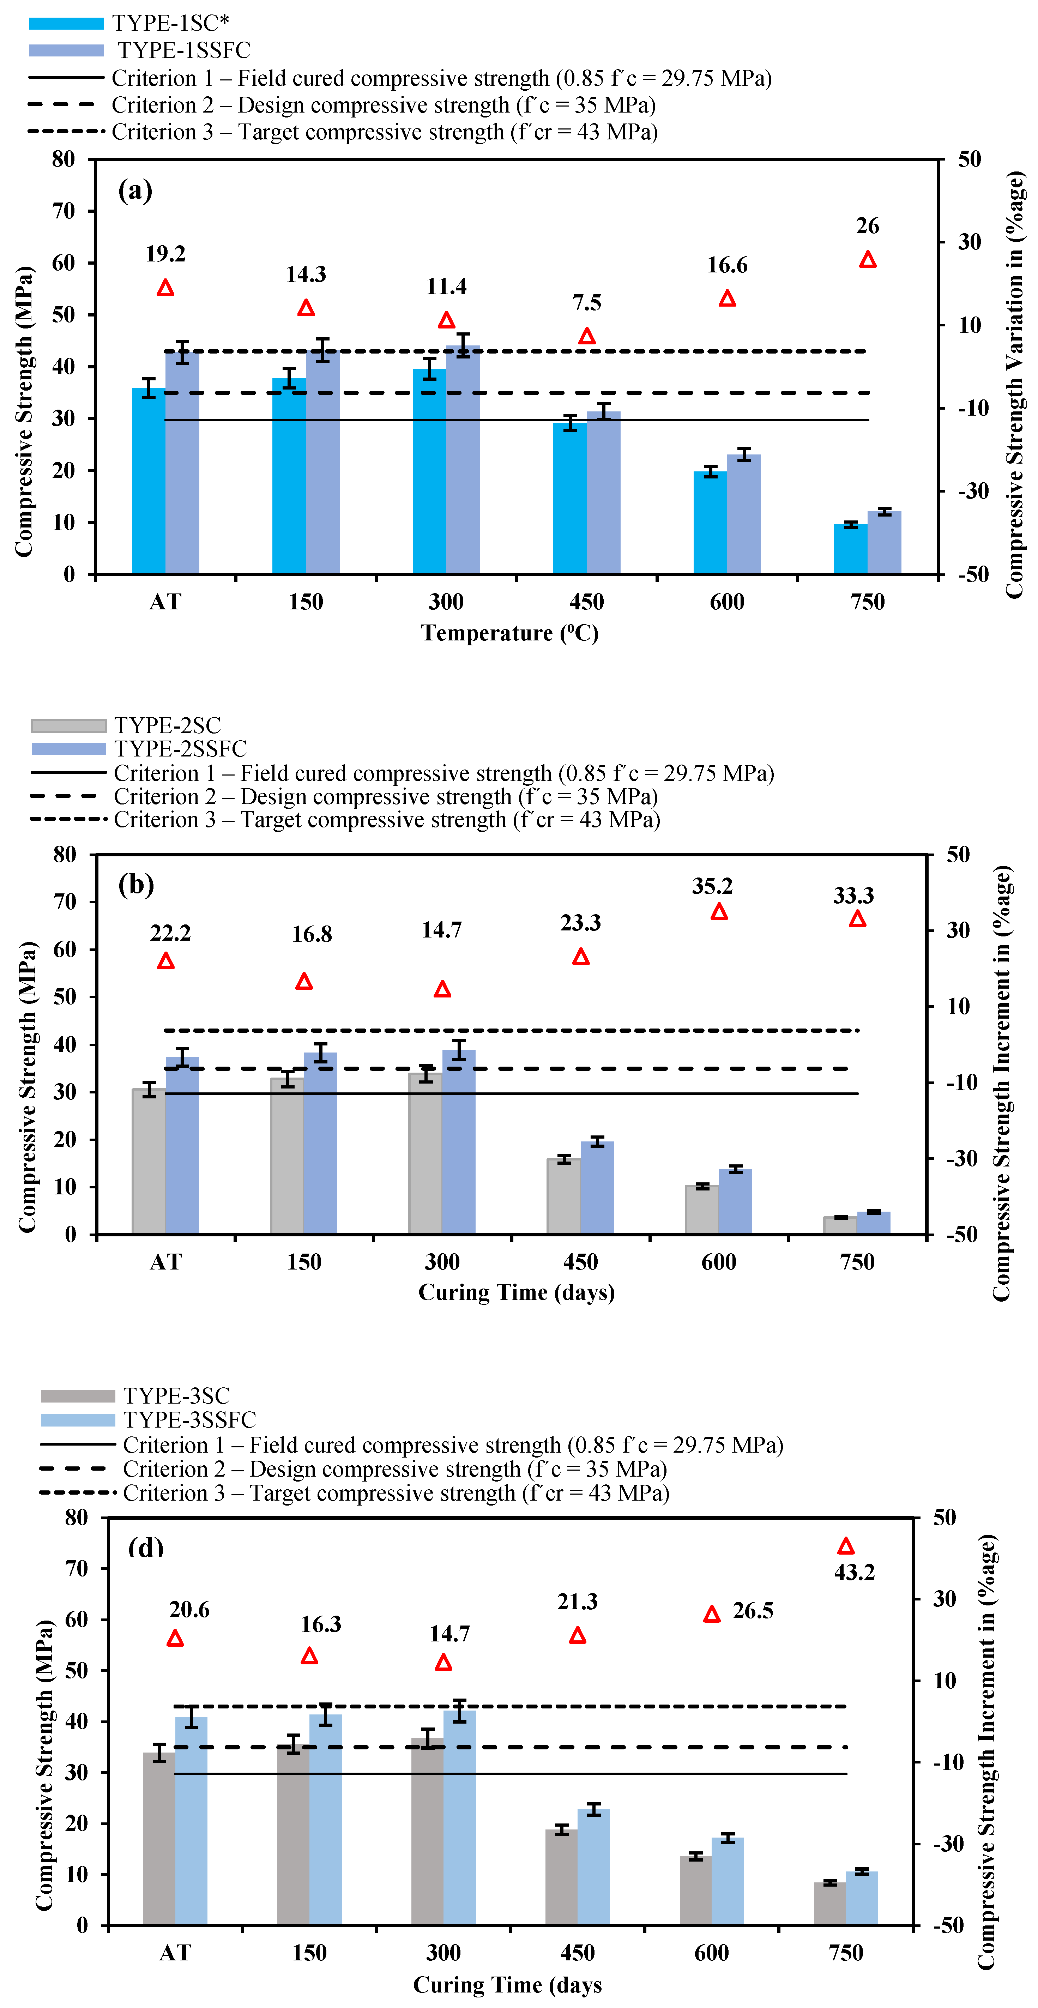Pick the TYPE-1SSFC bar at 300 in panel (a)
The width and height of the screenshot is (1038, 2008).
463,460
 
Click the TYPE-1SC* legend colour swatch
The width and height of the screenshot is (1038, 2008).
66,23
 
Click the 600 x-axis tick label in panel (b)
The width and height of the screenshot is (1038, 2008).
718,1262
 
